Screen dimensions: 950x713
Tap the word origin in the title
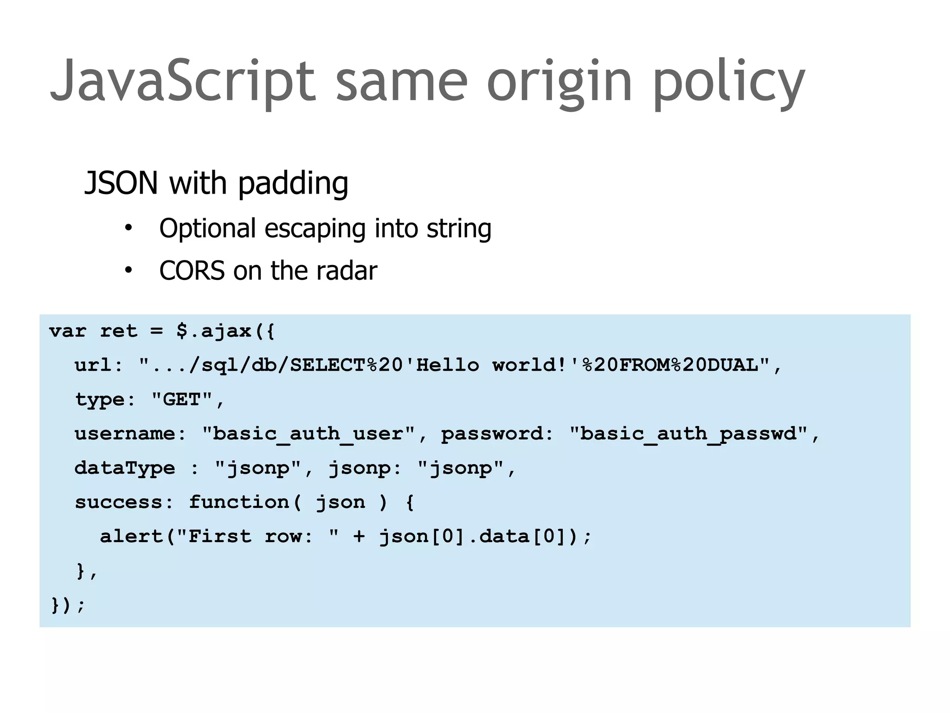pos(559,81)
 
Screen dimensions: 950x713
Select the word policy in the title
pos(728,81)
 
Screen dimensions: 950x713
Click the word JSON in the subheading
pos(122,183)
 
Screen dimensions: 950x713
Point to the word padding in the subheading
pos(293,184)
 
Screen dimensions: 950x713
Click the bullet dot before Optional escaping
pos(128,228)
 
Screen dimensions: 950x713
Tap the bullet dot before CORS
pos(128,270)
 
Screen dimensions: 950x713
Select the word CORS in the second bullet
pos(192,271)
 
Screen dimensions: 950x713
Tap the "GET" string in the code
pos(181,399)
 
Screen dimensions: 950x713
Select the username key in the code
pos(125,434)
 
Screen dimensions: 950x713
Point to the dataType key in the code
pos(125,468)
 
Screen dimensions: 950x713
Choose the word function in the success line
pos(239,502)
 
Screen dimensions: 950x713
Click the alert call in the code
pos(131,536)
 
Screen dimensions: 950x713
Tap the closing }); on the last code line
pos(68,605)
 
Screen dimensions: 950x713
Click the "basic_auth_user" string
pos(308,434)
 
